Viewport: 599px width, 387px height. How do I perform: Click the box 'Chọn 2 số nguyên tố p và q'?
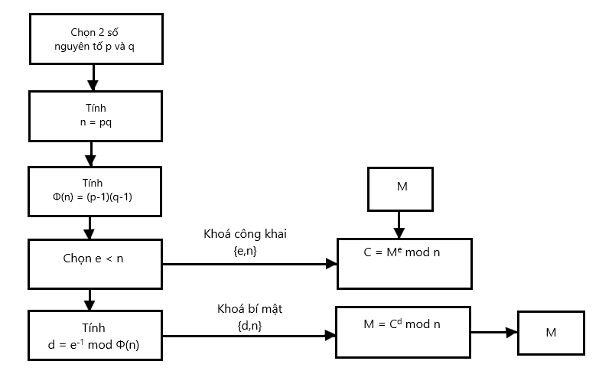[x=96, y=38]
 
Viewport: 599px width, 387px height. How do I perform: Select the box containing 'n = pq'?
[x=96, y=115]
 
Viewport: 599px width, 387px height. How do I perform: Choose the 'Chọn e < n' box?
[x=96, y=263]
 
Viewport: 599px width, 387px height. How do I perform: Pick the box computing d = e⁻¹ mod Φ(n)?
[x=96, y=335]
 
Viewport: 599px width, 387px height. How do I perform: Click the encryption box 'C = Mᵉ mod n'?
[x=404, y=263]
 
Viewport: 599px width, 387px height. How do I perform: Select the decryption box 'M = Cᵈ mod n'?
[x=402, y=331]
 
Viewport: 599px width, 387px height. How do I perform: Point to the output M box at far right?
[x=550, y=332]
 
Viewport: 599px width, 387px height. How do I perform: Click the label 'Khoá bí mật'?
[x=245, y=309]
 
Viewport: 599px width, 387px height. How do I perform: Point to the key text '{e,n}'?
[x=245, y=249]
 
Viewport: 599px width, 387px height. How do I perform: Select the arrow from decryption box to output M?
[x=494, y=332]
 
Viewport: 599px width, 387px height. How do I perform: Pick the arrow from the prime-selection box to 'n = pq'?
[x=92, y=77]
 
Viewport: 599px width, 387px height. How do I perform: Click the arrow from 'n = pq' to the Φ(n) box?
[x=92, y=153]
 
